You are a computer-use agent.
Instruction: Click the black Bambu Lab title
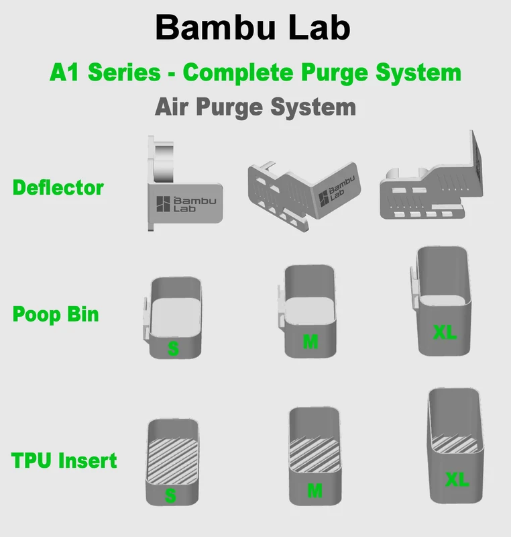coord(253,28)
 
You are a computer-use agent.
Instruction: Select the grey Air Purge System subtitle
coord(255,107)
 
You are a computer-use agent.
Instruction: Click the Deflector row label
coord(58,188)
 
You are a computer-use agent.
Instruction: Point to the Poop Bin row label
coord(56,314)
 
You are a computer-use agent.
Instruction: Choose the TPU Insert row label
coord(64,460)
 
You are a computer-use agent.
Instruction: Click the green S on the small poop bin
coord(173,348)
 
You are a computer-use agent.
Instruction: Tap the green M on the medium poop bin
coord(310,342)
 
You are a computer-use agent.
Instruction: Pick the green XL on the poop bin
coord(445,332)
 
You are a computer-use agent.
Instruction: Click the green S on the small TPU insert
coord(170,495)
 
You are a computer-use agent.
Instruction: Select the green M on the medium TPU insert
coord(315,491)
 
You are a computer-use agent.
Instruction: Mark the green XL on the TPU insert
coord(457,479)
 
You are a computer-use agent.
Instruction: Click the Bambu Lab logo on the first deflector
coord(186,204)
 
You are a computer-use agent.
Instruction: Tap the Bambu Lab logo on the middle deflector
coord(337,191)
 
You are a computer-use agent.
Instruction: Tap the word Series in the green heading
coord(124,72)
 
